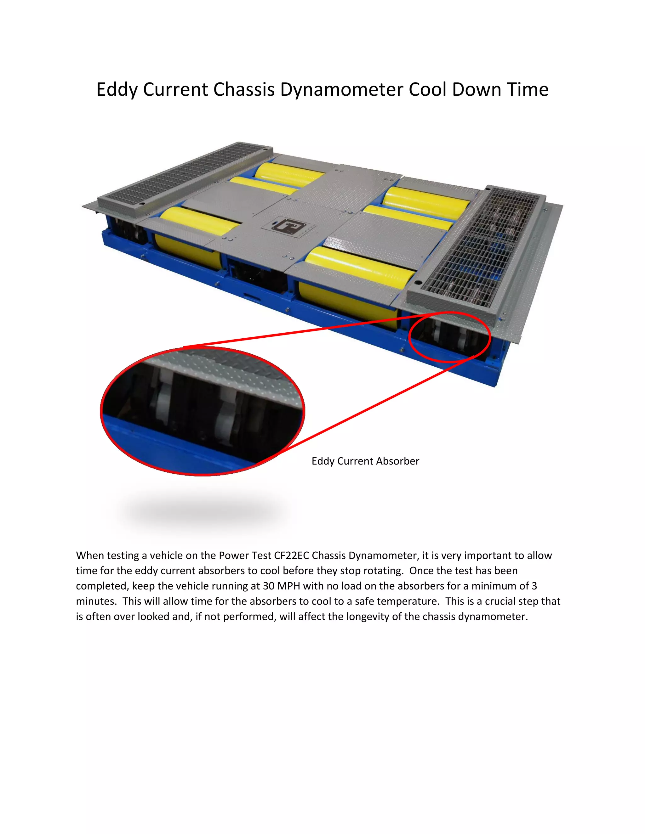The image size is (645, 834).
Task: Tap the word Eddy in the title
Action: click(117, 90)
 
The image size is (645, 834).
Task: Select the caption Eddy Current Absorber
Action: click(365, 461)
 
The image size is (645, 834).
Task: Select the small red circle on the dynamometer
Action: click(449, 337)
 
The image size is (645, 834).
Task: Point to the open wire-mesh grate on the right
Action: click(478, 248)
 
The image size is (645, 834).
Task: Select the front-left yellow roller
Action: click(199, 222)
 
